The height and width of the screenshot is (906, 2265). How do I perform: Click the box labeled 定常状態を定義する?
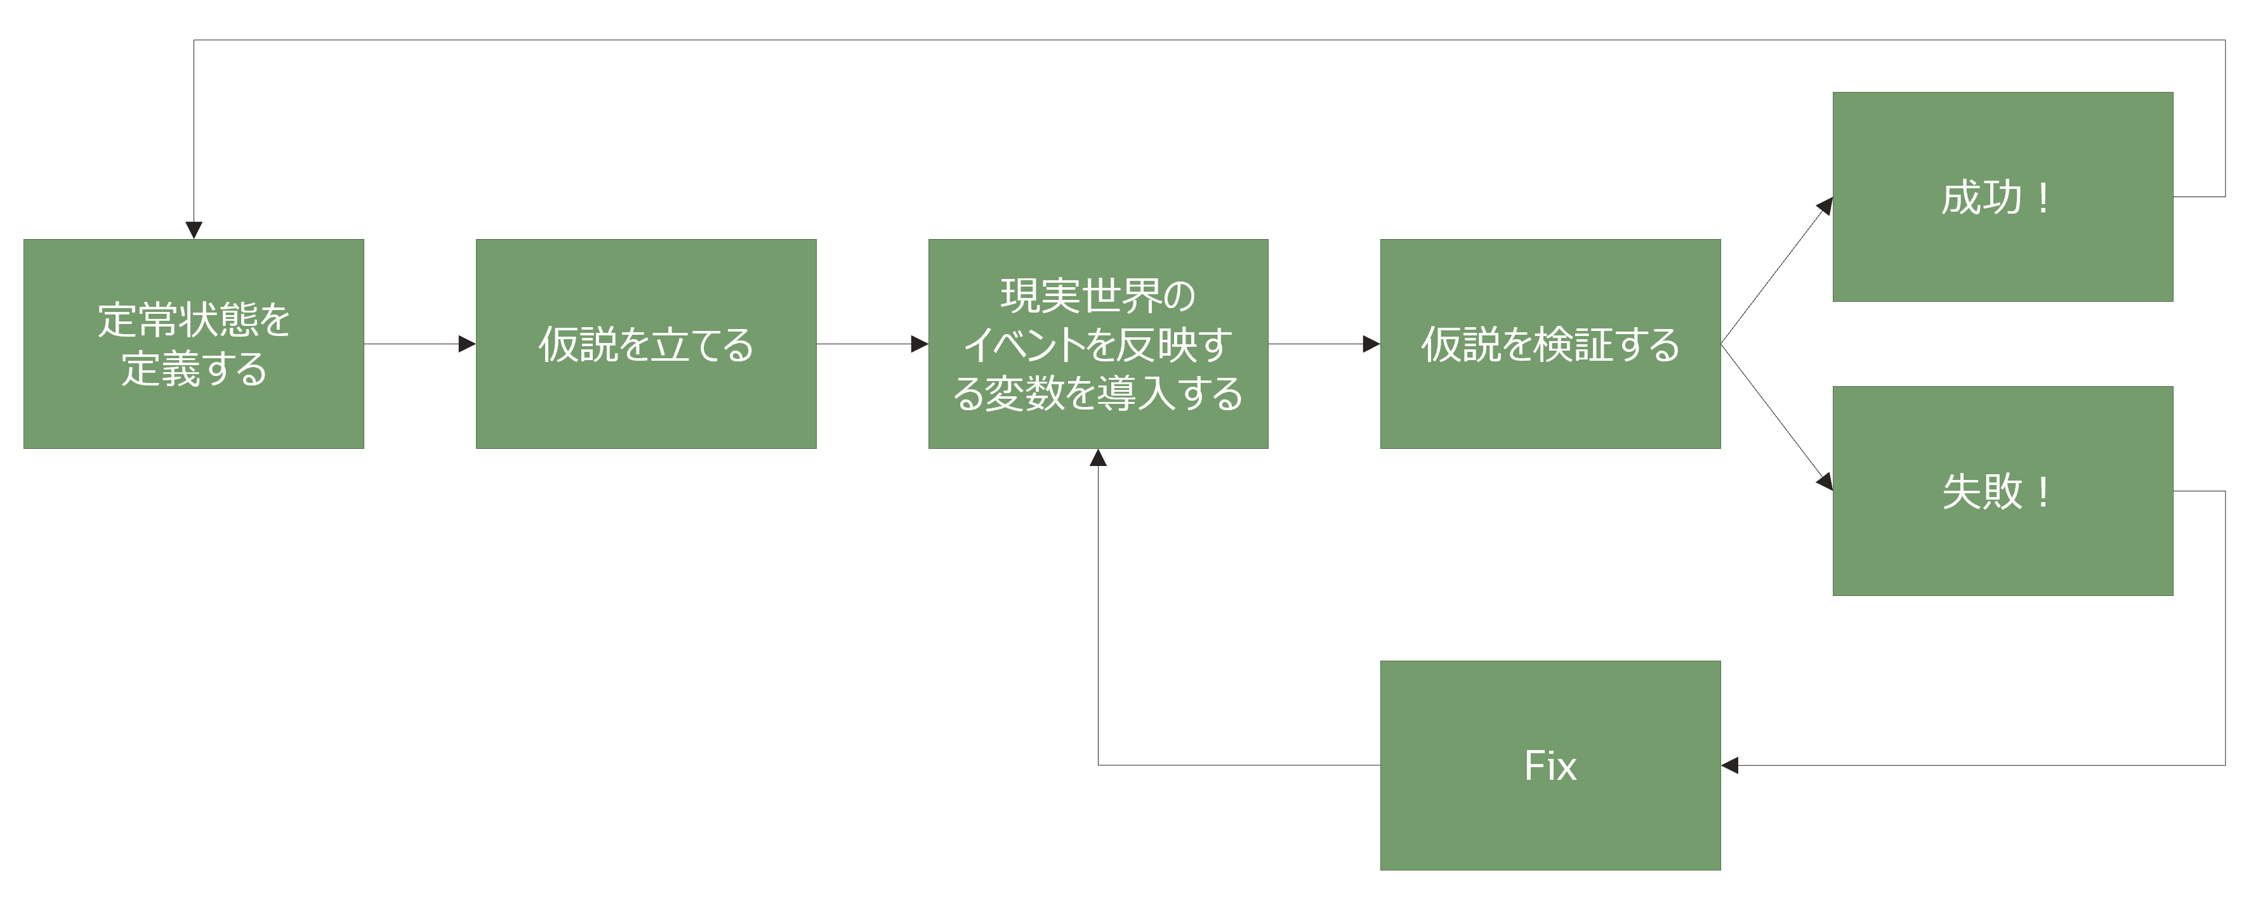coord(194,344)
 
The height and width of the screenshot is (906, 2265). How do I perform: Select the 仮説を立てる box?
coord(646,344)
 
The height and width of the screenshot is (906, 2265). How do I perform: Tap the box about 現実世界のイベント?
coord(1098,344)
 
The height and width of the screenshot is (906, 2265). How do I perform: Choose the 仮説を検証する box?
coord(1550,344)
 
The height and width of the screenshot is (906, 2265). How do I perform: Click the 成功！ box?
coord(2003,197)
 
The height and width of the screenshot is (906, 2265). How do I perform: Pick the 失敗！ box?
coord(2003,491)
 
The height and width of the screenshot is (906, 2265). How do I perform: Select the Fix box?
coord(1550,765)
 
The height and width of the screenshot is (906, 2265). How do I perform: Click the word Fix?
coord(1550,765)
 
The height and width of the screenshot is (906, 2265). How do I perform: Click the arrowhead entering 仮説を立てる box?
coord(467,344)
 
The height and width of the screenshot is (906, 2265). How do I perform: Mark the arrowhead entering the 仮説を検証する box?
coord(1371,344)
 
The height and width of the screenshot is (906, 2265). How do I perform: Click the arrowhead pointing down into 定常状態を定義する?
coord(194,230)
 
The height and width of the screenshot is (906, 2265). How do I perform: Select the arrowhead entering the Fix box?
coord(1729,765)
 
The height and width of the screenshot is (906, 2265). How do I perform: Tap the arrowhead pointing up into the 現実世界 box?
coord(1098,458)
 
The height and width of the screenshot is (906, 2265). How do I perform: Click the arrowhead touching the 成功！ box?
coord(1825,207)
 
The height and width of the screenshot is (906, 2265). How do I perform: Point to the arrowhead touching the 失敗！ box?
coord(1825,482)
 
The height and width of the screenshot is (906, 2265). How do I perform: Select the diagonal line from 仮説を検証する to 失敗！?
coord(1776,417)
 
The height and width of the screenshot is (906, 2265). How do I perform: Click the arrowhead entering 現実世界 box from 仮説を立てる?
coord(920,344)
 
